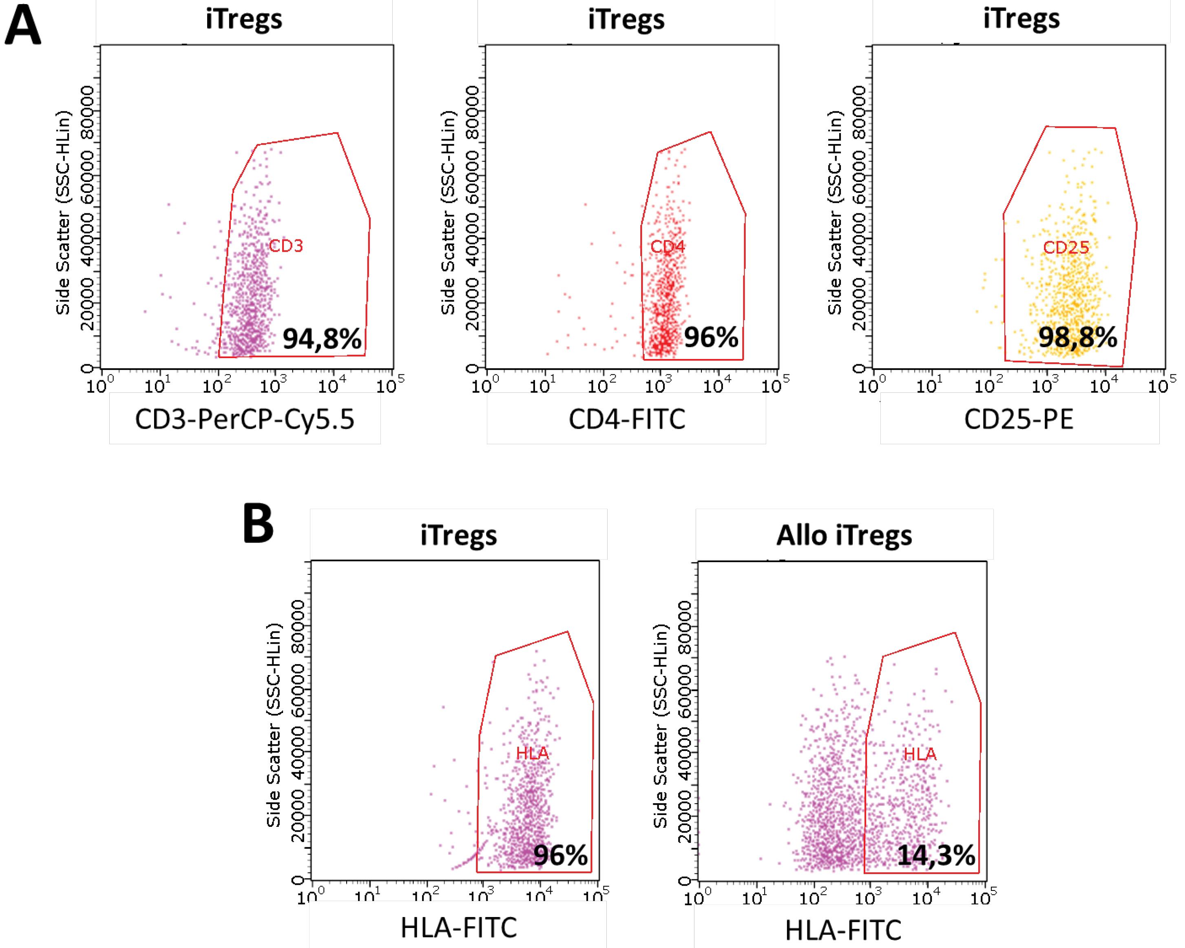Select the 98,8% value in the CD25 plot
click(x=1077, y=337)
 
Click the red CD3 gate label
click(x=286, y=246)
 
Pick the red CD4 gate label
click(x=668, y=247)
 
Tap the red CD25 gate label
click(x=1066, y=248)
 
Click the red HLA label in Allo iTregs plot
click(x=920, y=754)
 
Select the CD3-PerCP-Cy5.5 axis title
click(x=245, y=420)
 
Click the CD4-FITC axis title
click(x=627, y=420)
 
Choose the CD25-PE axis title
click(x=1019, y=420)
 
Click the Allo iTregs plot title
click(x=844, y=535)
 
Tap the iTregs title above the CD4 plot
click(x=626, y=20)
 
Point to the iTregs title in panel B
click(x=458, y=535)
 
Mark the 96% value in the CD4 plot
click(x=711, y=337)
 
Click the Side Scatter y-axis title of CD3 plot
click(x=64, y=213)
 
